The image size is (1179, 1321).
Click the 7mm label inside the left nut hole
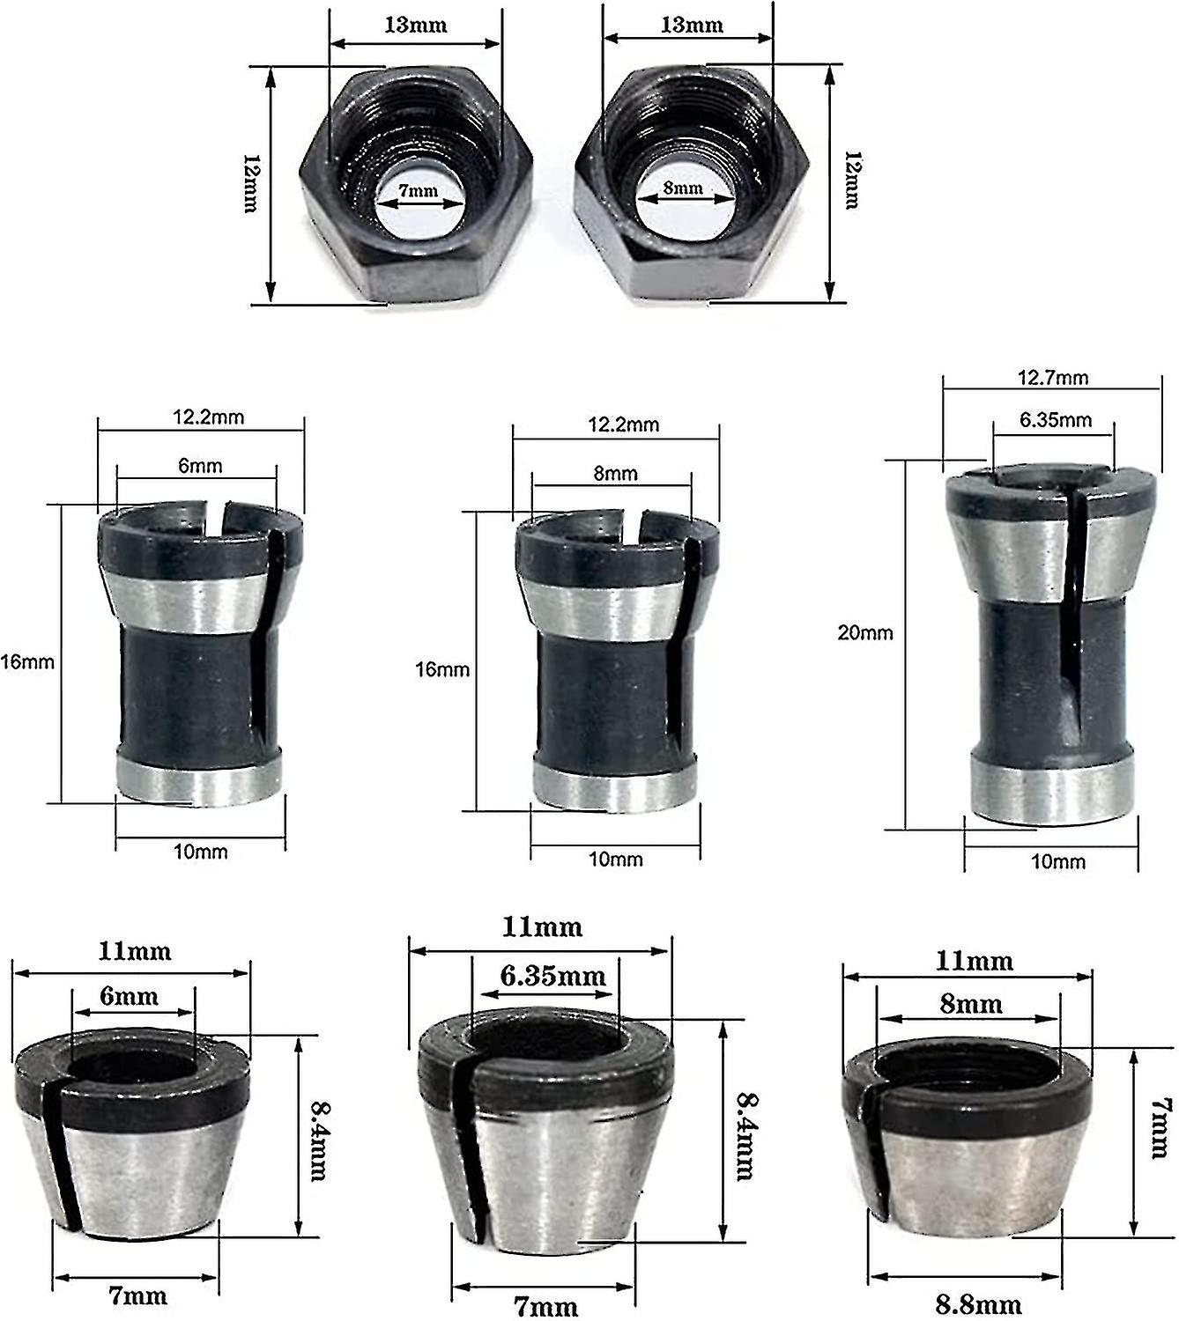418,190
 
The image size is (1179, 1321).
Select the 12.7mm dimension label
1052,378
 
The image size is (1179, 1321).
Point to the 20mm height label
864,632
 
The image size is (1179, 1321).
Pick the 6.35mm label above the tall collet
1055,420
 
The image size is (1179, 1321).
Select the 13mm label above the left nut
415,25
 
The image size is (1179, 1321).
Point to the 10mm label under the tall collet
1057,861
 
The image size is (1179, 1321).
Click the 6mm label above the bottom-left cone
129,996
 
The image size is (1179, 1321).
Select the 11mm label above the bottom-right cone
967,960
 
